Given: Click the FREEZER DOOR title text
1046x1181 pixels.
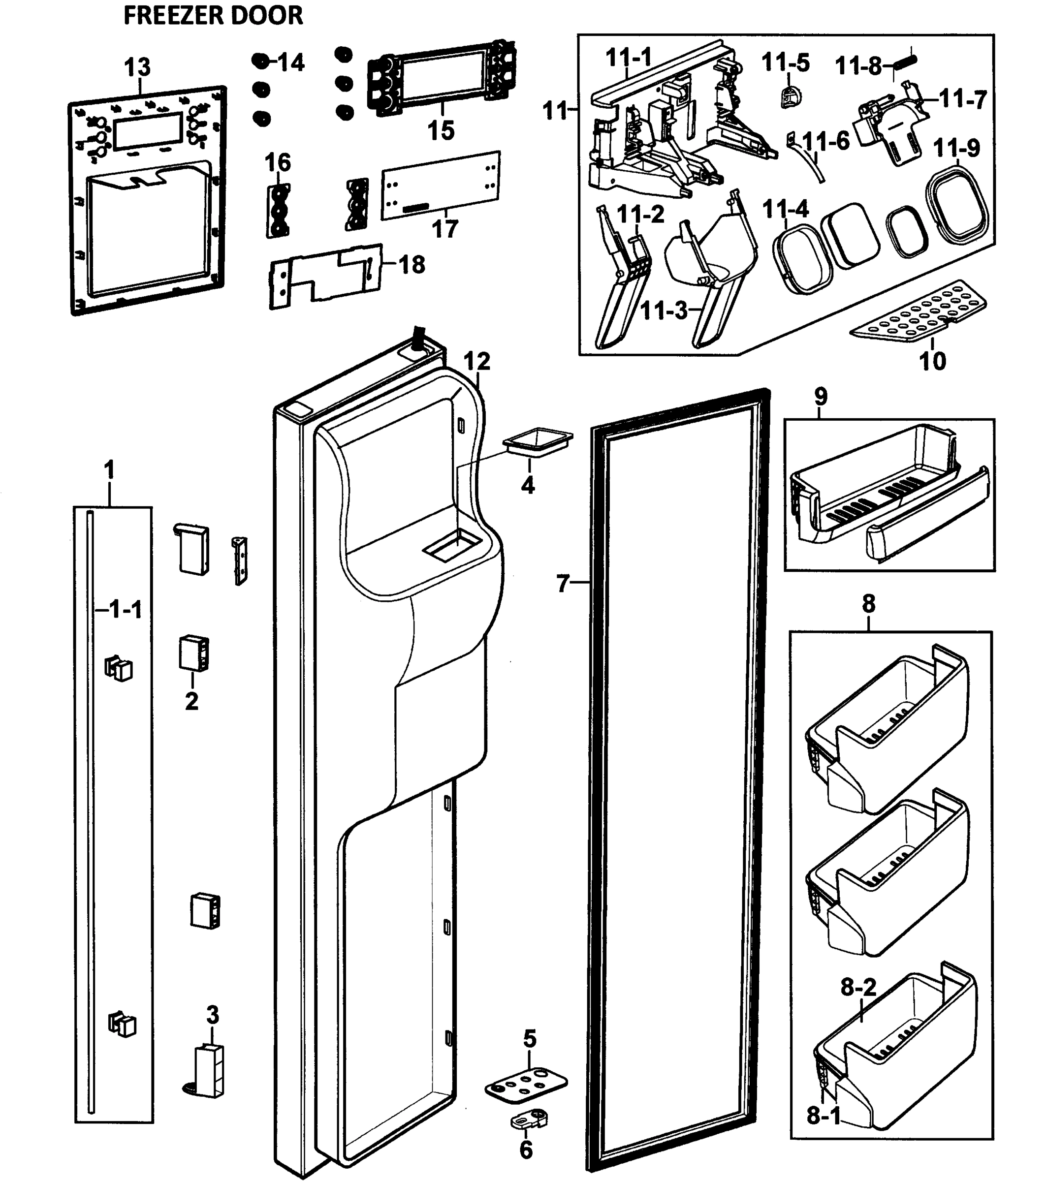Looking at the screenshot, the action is coord(213,15).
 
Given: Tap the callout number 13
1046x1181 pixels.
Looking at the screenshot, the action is coord(137,67).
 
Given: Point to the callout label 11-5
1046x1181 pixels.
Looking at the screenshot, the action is coord(786,62).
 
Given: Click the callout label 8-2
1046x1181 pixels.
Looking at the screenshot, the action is coord(858,988).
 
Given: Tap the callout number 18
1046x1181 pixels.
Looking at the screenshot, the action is coord(412,265).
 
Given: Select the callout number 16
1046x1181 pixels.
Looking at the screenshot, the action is coord(278,163).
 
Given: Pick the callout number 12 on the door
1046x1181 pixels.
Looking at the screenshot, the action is coord(477,362).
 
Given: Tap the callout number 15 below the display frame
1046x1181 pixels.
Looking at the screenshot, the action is coord(441,130).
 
